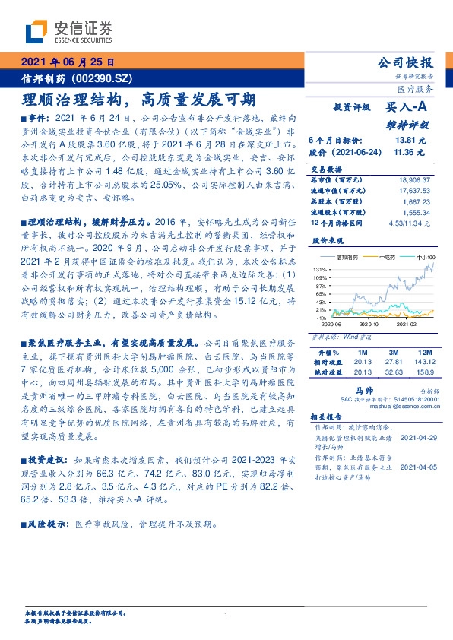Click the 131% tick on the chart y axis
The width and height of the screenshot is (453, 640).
coord(320,269)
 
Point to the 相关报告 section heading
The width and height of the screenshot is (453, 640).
coord(328,418)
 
